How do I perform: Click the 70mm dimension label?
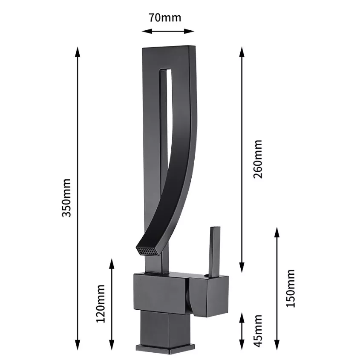(165, 17)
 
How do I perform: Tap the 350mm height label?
(67, 198)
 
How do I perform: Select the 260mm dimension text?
(258, 159)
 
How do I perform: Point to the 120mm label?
(101, 303)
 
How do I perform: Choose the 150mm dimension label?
(291, 288)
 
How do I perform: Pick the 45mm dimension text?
(258, 331)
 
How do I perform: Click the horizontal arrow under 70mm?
(168, 31)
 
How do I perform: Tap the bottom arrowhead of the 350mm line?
(78, 345)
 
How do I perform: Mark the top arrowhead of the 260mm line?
(242, 52)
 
